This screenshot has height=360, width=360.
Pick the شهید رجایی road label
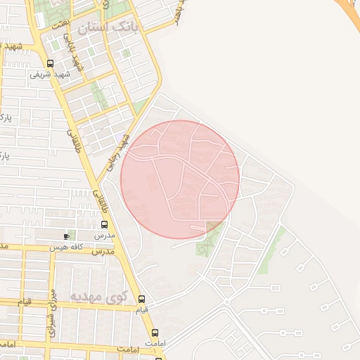(119, 150)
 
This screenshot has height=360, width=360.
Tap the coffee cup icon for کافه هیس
(67, 237)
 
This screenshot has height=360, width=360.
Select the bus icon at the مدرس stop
(105, 225)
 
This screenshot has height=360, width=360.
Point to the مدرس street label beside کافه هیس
(103, 250)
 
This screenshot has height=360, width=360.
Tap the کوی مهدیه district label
(96, 297)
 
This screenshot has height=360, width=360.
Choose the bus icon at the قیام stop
(141, 299)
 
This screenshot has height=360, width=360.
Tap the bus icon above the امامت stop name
(155, 333)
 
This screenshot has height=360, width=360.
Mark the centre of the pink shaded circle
(180, 179)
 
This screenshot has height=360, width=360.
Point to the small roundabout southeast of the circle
(226, 302)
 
